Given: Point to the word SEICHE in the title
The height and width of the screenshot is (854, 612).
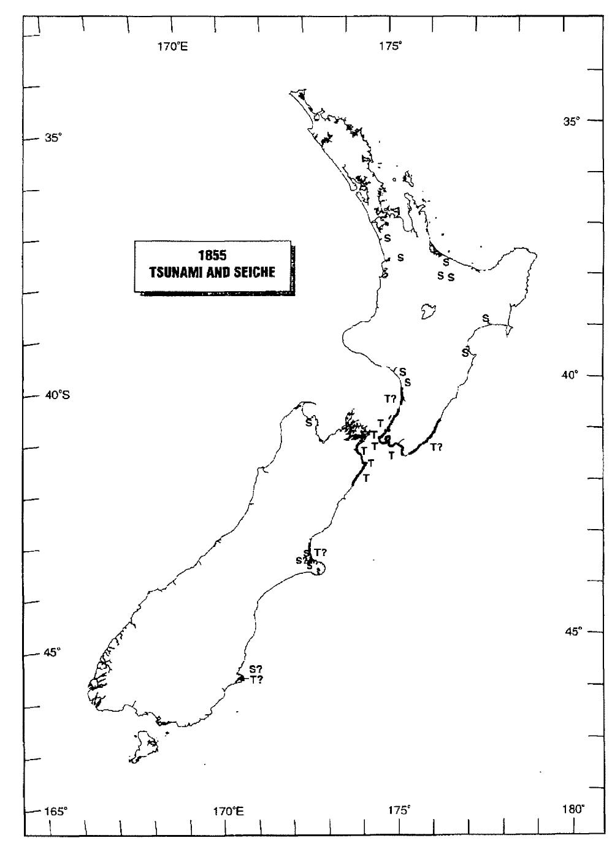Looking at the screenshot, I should coord(253,272).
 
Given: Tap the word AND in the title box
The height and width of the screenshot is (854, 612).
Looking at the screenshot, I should coord(213,272).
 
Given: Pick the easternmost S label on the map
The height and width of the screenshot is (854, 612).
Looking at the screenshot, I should coord(485,318).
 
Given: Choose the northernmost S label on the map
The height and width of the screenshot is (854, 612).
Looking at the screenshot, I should coord(387,237).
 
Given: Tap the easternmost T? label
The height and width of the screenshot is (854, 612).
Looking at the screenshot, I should coord(436,447).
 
